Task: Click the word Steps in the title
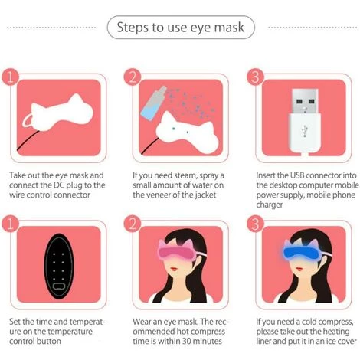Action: coord(133,28)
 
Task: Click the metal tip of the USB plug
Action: coord(305,101)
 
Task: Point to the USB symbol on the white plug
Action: coord(304,131)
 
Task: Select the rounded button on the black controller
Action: coord(58,286)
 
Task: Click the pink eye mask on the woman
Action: coord(176,250)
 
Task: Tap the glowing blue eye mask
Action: coord(301,250)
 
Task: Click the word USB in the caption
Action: coord(297,175)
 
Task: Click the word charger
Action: coord(270,205)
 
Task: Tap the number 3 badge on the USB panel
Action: coord(255,77)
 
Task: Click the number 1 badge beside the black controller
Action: coord(10,224)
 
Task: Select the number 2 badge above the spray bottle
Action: coord(133,77)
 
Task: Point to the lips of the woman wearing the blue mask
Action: coord(299,269)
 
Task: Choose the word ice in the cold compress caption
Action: coord(332,342)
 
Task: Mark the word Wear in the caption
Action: coord(142,322)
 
